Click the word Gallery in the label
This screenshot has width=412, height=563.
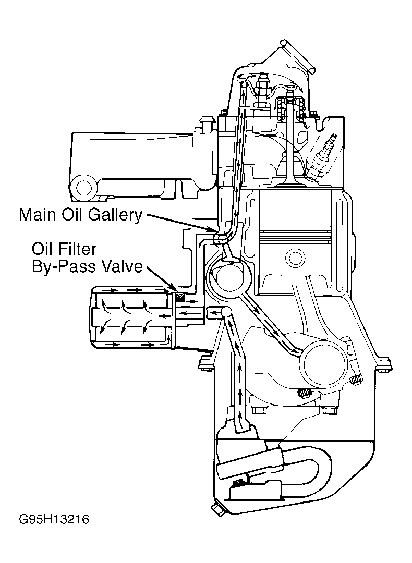(115, 215)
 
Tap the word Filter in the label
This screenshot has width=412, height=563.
(79, 249)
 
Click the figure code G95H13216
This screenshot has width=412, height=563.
(54, 519)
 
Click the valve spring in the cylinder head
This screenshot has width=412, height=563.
(291, 108)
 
